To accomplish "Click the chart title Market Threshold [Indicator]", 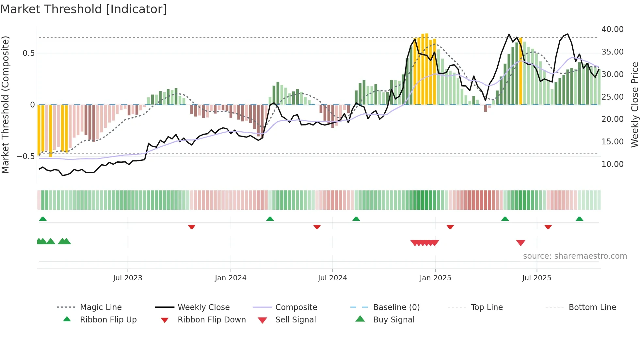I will click(x=84, y=9).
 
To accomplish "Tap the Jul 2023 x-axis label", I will click(x=128, y=278).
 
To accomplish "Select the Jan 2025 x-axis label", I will click(x=435, y=278).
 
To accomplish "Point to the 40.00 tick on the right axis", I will click(x=612, y=29).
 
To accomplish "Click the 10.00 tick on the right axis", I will click(x=612, y=164).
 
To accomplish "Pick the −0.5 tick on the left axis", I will click(x=25, y=156).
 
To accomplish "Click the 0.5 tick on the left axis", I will click(x=28, y=53).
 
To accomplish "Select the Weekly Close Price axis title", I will click(x=634, y=105).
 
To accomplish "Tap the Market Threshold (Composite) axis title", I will click(x=5, y=105).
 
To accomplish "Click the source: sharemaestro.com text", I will click(x=575, y=256).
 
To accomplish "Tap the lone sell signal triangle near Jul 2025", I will click(x=520, y=243).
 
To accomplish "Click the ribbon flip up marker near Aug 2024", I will click(x=356, y=219).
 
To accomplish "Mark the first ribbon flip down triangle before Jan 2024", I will click(x=192, y=227).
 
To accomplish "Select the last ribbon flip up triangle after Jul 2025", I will click(x=579, y=219).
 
